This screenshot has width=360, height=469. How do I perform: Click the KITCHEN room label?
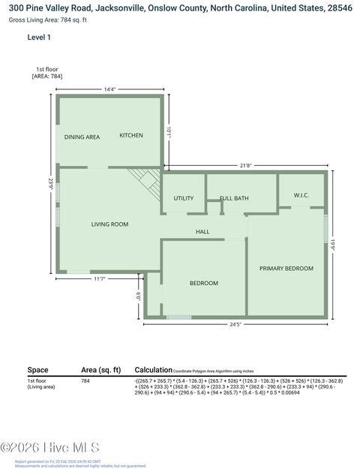[x=131, y=136]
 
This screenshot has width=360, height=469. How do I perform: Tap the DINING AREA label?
[x=82, y=137]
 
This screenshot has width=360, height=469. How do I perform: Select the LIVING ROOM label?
[x=109, y=224]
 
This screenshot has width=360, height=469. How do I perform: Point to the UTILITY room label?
[x=184, y=199]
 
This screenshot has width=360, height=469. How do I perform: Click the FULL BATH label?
[x=234, y=199]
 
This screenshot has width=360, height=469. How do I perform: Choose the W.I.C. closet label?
[x=301, y=195]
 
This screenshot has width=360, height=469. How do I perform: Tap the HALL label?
[x=202, y=232]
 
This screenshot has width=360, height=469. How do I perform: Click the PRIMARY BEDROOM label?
[x=286, y=268]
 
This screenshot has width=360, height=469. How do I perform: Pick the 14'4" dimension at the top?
[x=109, y=90]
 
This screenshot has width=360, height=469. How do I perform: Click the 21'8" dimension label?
[x=245, y=165]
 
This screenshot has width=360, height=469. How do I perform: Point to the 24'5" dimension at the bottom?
[x=235, y=324]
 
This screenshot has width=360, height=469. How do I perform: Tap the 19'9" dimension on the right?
[x=334, y=244]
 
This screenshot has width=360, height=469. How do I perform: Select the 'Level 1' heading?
[x=39, y=37]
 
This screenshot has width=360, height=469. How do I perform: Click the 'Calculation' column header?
[x=153, y=370]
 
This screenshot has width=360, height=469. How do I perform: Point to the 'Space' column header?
[x=37, y=370]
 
